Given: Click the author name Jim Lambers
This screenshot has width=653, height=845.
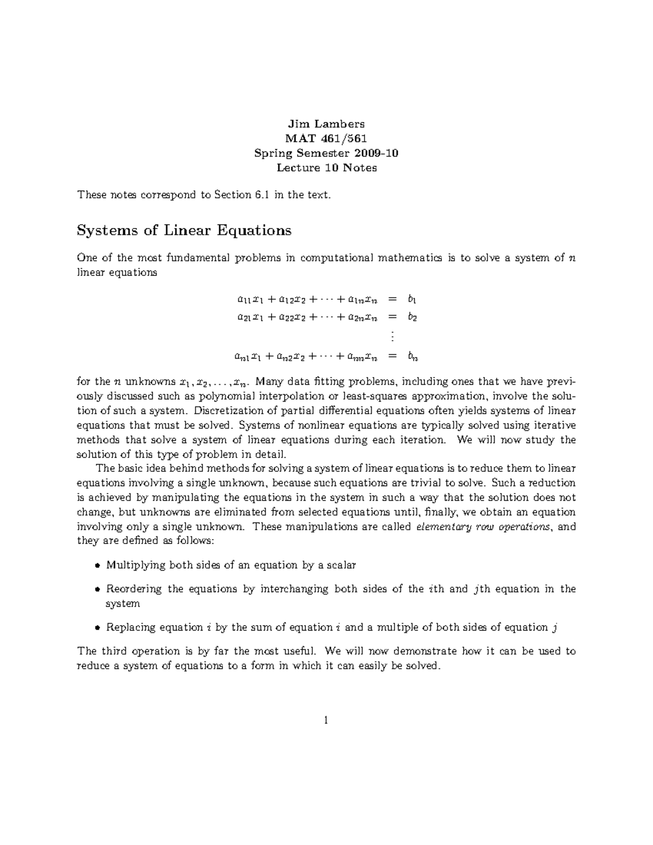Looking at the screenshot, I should pos(326,124).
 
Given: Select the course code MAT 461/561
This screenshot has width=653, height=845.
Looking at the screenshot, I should pos(326,139).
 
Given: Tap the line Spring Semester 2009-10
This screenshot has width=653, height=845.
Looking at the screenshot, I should pos(326,153).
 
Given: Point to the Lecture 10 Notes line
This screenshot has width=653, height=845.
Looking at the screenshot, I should pos(326,168).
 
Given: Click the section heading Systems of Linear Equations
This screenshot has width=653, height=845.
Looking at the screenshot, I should pos(184,231).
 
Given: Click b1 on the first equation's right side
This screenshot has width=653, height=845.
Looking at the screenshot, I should pos(411,299).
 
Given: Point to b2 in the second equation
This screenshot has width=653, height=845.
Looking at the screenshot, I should pos(412,317).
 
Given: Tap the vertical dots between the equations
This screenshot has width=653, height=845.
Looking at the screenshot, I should pos(391,337).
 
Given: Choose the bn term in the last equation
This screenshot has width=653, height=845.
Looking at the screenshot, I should pos(412,357).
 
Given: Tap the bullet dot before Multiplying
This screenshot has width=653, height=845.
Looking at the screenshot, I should pos(97,565).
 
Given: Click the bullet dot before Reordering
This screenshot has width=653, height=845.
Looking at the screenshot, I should pos(97,589).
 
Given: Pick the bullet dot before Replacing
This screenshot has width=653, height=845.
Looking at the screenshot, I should pos(97,628).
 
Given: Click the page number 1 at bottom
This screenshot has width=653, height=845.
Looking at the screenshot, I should pos(326,721).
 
